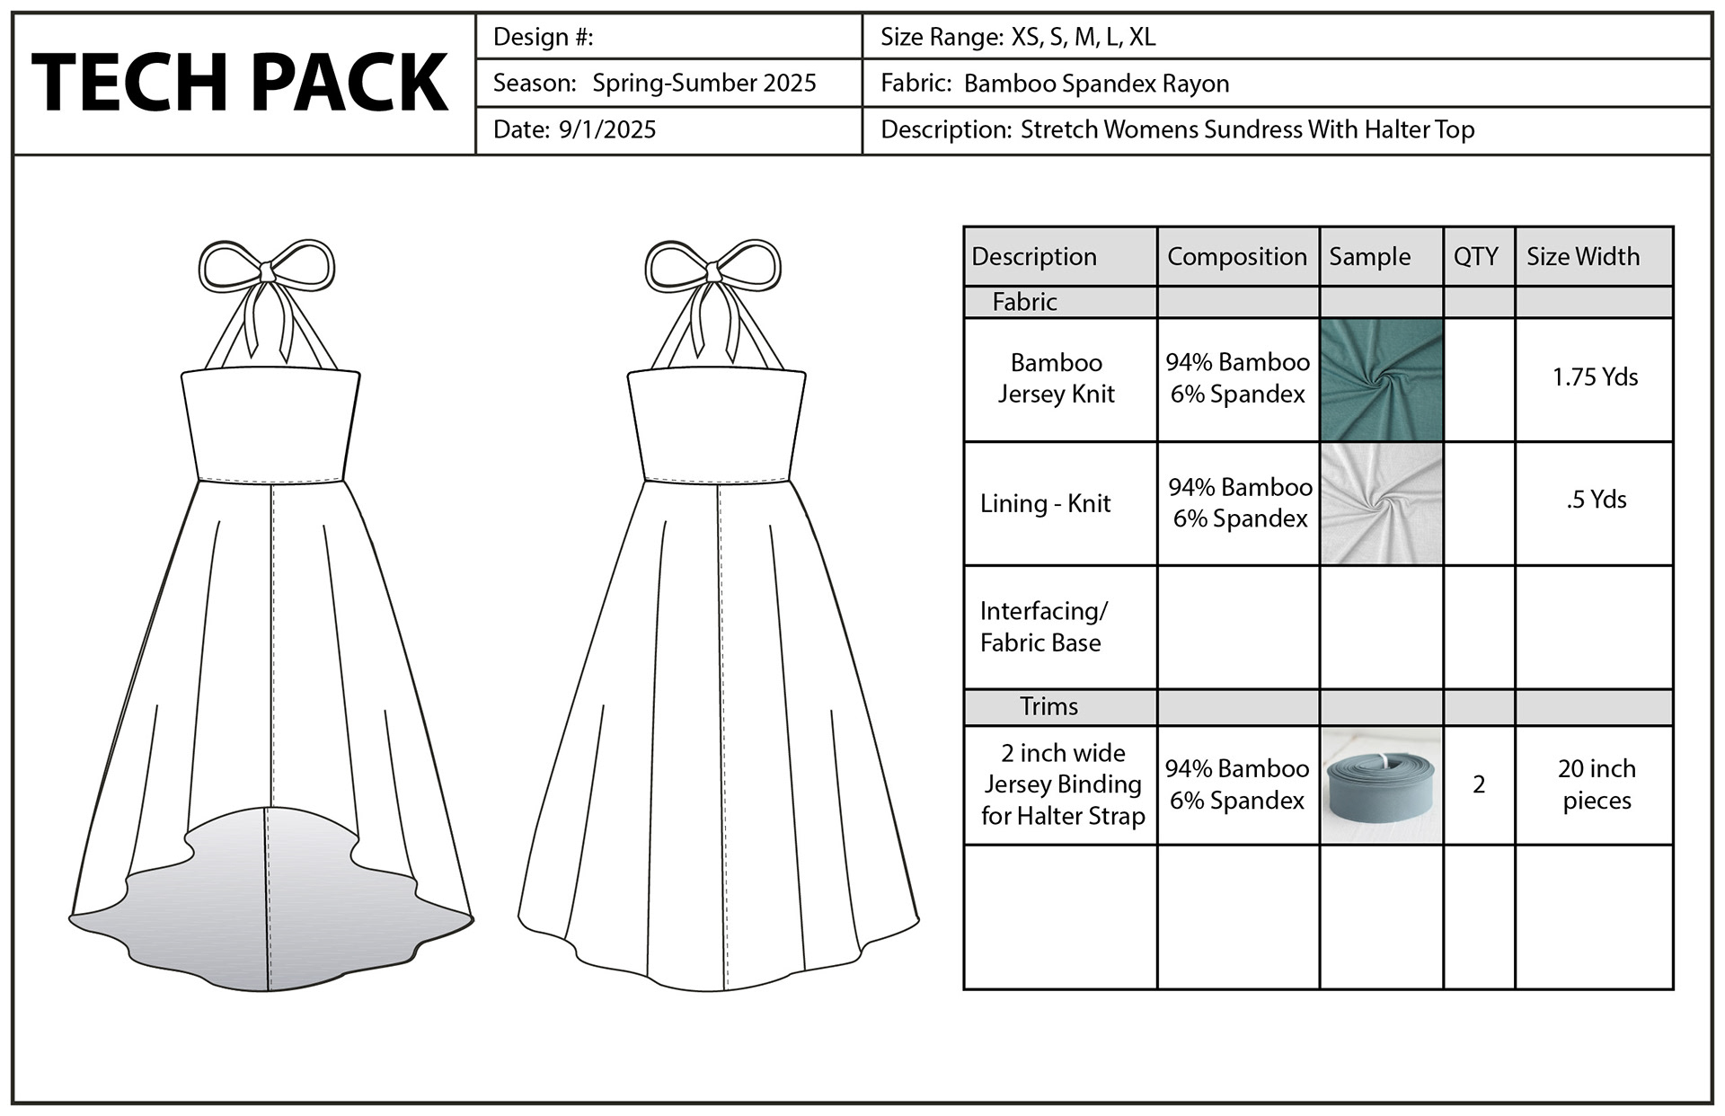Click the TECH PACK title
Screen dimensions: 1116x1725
pyautogui.click(x=240, y=82)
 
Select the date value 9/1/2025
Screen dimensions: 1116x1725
pyautogui.click(x=607, y=130)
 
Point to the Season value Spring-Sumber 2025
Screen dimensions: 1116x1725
pyautogui.click(x=704, y=84)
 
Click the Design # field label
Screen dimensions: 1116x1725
pyautogui.click(x=543, y=37)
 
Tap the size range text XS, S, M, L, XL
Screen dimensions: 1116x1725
pyautogui.click(x=1084, y=37)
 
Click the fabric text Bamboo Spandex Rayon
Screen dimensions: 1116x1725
pyautogui.click(x=1096, y=84)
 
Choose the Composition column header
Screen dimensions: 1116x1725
pyautogui.click(x=1236, y=257)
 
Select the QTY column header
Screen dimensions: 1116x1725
pyautogui.click(x=1475, y=257)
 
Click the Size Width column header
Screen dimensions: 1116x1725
pyautogui.click(x=1582, y=257)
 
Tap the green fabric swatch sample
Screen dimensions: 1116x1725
pyautogui.click(x=1381, y=379)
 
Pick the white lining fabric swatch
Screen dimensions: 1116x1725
pyautogui.click(x=1381, y=503)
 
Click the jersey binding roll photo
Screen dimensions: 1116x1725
pyautogui.click(x=1381, y=784)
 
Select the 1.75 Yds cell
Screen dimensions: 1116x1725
pyautogui.click(x=1595, y=377)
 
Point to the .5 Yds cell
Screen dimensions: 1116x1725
pyautogui.click(x=1596, y=500)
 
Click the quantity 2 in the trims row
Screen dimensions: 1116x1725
pyautogui.click(x=1479, y=784)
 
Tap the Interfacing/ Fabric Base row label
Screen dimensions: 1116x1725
pyautogui.click(x=1043, y=627)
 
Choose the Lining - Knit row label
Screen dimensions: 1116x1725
pyautogui.click(x=1045, y=503)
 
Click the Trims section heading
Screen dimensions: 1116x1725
pyautogui.click(x=1048, y=707)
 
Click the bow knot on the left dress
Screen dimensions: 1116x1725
pyautogui.click(x=266, y=270)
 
